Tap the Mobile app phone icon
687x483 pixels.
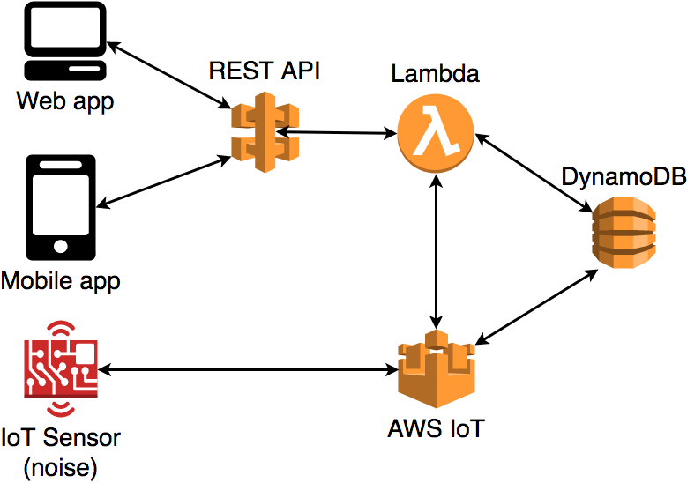61,209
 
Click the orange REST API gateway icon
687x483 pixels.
261,131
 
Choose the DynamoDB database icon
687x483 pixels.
624,231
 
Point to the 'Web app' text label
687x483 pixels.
65,101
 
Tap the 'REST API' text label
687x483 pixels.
264,71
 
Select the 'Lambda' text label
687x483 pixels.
435,73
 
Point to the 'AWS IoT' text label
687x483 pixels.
436,430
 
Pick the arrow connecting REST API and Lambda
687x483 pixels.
336,133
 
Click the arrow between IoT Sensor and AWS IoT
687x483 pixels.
247,368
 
